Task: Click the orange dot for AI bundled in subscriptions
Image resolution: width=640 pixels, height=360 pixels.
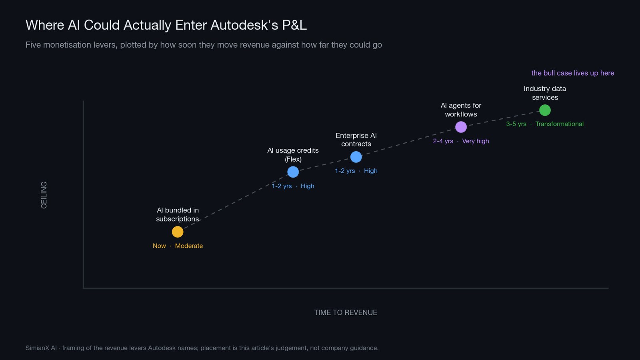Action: [x=178, y=232]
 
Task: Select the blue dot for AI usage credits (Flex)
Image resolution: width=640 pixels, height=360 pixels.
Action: [x=293, y=172]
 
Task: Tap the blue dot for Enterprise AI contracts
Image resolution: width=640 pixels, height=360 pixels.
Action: [x=356, y=157]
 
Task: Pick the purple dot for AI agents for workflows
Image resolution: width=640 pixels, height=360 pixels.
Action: [x=461, y=127]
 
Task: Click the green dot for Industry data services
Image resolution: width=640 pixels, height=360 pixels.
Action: [x=545, y=110]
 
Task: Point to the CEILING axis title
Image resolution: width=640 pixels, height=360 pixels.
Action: [x=44, y=195]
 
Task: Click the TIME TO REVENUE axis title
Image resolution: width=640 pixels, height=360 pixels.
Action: [x=346, y=312]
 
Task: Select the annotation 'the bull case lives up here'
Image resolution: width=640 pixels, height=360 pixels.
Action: [x=572, y=73]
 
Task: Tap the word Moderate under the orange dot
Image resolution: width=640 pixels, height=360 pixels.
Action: [x=189, y=246]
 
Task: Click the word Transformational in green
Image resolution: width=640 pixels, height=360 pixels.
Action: [x=560, y=124]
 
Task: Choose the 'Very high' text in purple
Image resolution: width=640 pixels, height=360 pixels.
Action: [x=476, y=141]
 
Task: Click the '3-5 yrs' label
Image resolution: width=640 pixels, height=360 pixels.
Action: [x=516, y=124]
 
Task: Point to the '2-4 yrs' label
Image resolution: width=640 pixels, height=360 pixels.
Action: [x=443, y=141]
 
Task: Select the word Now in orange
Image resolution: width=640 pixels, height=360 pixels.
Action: [x=159, y=246]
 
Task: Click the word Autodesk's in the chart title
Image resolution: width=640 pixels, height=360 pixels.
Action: [x=244, y=25]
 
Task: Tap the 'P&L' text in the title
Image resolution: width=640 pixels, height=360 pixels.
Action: [x=294, y=25]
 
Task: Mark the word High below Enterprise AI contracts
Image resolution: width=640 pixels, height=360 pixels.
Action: [x=370, y=171]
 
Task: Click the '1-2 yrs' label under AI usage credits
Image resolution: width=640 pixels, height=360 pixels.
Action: [x=282, y=186]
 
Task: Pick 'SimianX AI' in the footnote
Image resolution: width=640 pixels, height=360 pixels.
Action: [x=41, y=348]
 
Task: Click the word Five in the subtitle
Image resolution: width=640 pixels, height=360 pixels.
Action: [x=33, y=45]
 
